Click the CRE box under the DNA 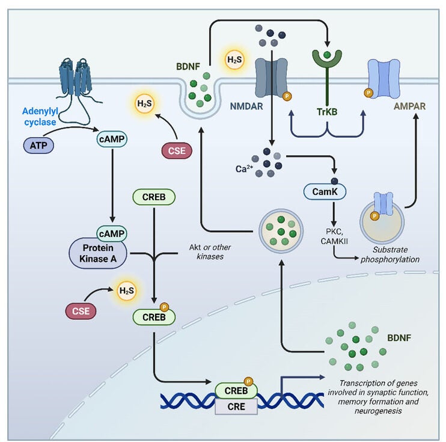point(236,407)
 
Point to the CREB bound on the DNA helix point(236,390)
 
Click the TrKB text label point(326,110)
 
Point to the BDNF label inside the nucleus point(399,339)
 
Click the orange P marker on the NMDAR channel point(287,96)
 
